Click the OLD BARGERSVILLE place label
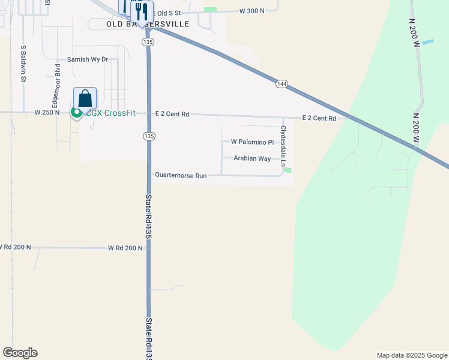pyautogui.click(x=147, y=24)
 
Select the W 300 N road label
pyautogui.click(x=252, y=11)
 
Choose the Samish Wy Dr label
pyautogui.click(x=88, y=59)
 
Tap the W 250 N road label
pyautogui.click(x=47, y=112)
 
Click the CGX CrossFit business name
pyautogui.click(x=110, y=113)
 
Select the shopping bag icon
pyautogui.click(x=85, y=98)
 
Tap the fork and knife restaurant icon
pyautogui.click(x=142, y=11)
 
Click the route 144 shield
pyautogui.click(x=282, y=83)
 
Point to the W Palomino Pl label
pyautogui.click(x=252, y=142)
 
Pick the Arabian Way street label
pyautogui.click(x=252, y=159)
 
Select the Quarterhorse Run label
pyautogui.click(x=181, y=176)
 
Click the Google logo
pyautogui.click(x=20, y=353)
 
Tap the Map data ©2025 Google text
pyautogui.click(x=411, y=355)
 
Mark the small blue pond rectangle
pyautogui.click(x=427, y=42)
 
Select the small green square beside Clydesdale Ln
pyautogui.click(x=288, y=170)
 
